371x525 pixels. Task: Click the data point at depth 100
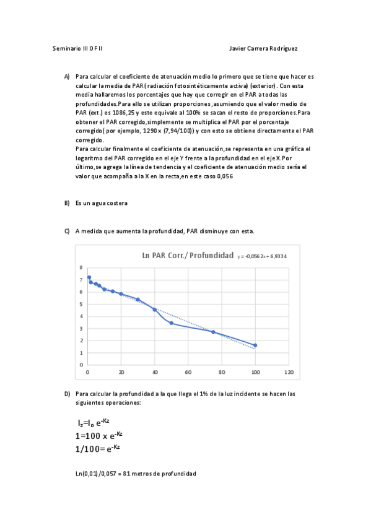tap(255, 345)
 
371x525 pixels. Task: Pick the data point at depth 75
tap(213, 332)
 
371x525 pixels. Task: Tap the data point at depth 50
tap(172, 323)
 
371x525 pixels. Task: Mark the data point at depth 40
tap(154, 310)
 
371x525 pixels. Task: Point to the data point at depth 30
tap(137, 300)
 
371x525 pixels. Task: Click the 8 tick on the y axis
tap(81, 267)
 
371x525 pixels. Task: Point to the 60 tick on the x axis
tap(188, 373)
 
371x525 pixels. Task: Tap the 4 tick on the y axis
tap(81, 316)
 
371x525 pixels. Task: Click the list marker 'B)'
tap(67, 203)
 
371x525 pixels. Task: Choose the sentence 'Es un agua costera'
tap(102, 203)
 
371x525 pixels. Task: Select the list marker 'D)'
tap(67, 393)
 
